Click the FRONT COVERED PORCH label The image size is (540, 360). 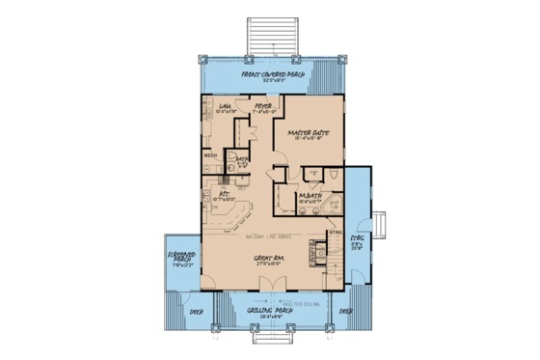pyautogui.click(x=270, y=73)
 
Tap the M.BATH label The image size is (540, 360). pyautogui.click(x=310, y=197)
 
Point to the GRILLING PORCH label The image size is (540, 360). pyautogui.click(x=265, y=312)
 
